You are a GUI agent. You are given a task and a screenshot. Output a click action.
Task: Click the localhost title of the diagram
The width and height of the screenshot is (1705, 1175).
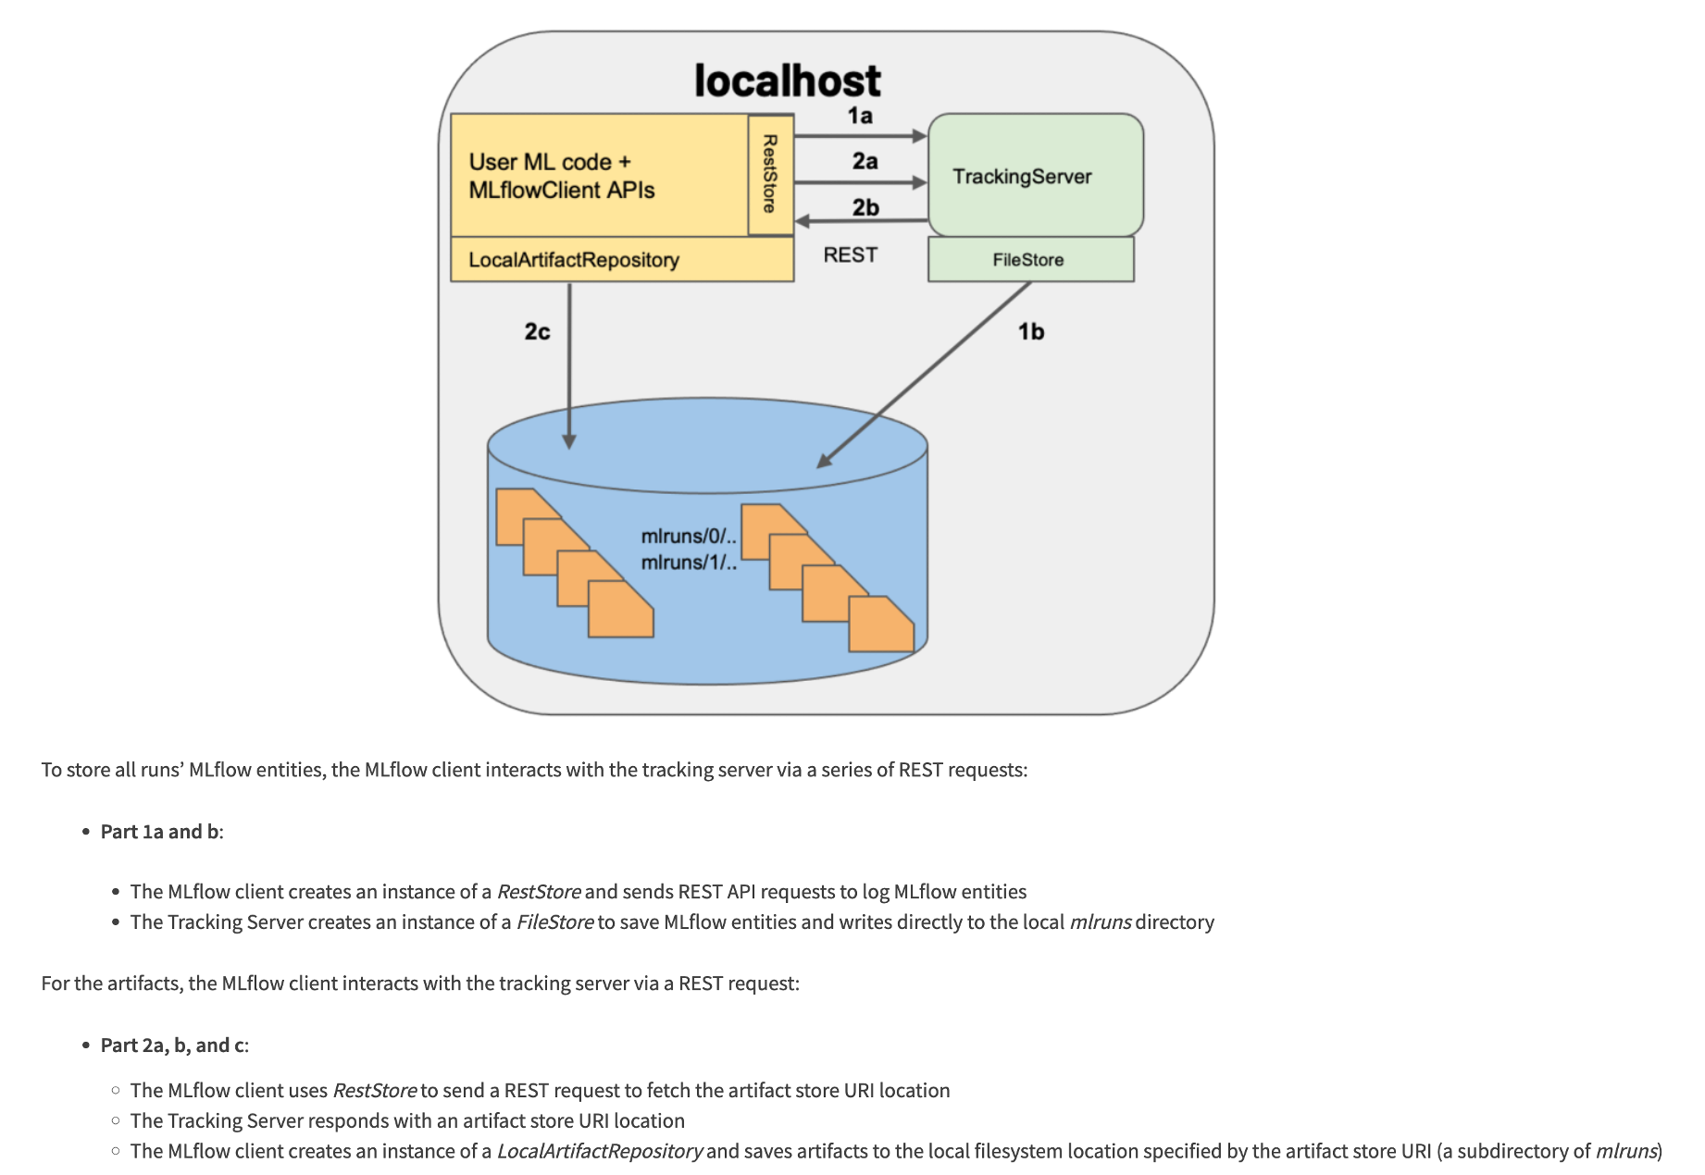coord(788,81)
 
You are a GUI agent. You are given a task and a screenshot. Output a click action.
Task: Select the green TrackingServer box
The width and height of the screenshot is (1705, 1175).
coord(1035,176)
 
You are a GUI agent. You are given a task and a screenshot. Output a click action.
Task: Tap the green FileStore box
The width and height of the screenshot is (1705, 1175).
coord(1029,260)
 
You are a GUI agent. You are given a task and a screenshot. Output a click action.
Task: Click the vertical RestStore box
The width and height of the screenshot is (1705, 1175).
coord(770,174)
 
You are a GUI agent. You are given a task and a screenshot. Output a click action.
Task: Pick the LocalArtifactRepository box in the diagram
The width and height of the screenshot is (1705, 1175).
coord(574,260)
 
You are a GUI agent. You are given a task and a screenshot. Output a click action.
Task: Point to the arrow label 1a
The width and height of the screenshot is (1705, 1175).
coord(860,116)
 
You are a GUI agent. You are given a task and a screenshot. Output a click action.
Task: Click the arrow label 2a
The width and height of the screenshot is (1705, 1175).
coord(865,161)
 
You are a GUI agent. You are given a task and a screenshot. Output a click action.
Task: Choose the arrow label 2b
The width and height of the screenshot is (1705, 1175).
coord(865,207)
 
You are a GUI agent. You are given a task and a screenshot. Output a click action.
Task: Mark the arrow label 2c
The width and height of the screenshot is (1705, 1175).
coord(537,331)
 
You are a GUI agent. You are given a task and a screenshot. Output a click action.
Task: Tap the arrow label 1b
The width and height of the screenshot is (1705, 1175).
coord(1031,331)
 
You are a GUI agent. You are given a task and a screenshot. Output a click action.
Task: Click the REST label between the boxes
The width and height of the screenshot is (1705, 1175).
coord(850,255)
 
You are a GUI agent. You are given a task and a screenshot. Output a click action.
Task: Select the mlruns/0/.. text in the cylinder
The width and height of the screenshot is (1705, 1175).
coord(688,537)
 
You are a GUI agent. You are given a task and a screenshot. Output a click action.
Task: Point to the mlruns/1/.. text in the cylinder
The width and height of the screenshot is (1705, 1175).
coord(688,563)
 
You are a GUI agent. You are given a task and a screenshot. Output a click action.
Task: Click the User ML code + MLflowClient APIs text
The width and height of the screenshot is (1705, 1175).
coord(561,176)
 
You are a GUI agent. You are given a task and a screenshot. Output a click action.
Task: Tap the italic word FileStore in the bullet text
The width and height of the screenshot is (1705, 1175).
coord(554,922)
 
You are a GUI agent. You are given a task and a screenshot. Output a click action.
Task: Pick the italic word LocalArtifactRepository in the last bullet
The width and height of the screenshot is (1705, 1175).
coord(600,1152)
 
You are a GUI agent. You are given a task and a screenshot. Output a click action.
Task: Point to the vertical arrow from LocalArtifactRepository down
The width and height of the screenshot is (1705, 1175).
coord(569,365)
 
